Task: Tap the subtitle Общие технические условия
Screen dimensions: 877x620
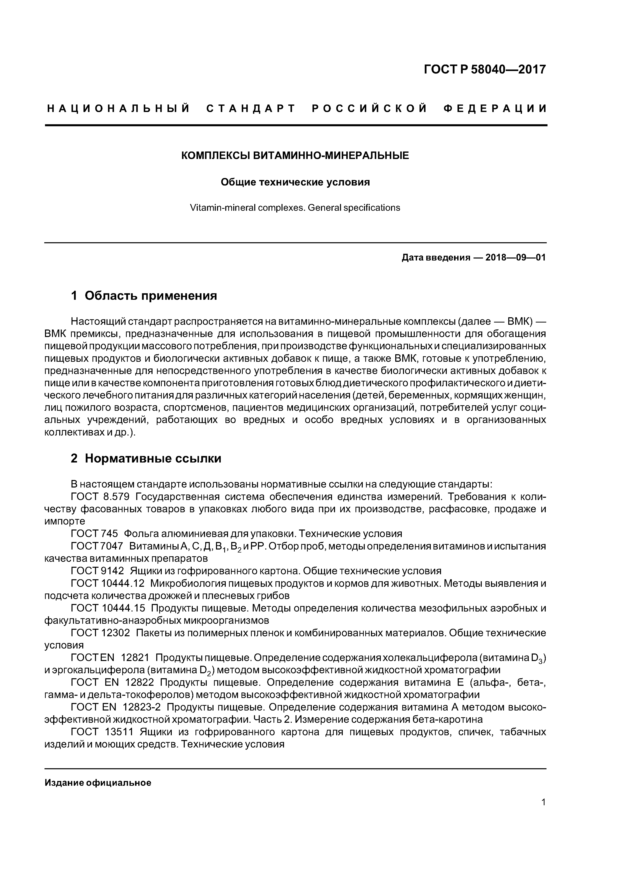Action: tap(295, 182)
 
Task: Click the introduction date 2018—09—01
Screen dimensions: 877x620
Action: tap(515, 257)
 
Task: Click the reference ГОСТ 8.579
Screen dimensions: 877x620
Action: tap(100, 497)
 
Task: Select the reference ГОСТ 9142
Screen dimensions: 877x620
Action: tap(97, 571)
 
